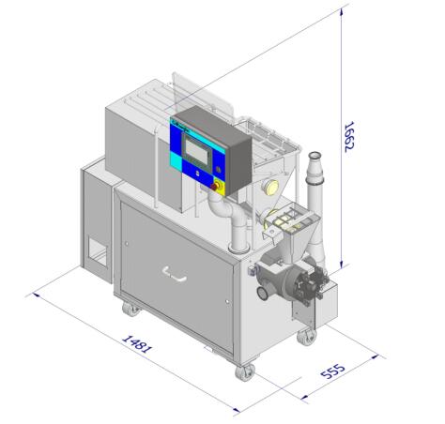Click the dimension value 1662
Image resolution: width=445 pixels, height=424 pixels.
tap(348, 136)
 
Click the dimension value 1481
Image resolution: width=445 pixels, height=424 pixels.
tap(137, 344)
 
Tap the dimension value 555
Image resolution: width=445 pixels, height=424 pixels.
tap(333, 371)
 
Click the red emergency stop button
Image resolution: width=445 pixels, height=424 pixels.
tap(214, 187)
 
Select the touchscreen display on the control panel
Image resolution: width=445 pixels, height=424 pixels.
tap(197, 151)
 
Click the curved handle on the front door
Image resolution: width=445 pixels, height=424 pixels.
tap(175, 275)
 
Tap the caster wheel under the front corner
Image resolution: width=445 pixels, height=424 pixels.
tap(244, 372)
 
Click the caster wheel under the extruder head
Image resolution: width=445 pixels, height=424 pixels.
tap(307, 338)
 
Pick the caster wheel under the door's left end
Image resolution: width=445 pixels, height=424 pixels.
tap(130, 309)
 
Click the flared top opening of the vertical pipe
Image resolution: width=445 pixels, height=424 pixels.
tap(315, 156)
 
